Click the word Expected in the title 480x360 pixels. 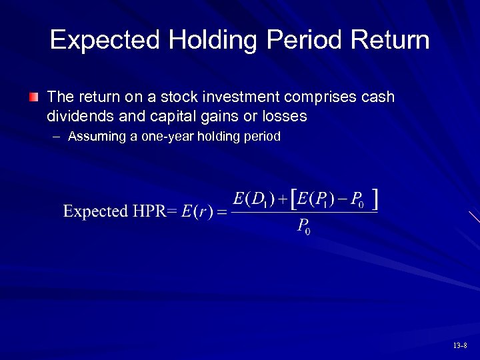[x=105, y=41]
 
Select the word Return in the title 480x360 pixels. [x=391, y=41]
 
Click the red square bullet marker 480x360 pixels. [x=34, y=98]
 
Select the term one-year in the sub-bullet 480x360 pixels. [x=158, y=137]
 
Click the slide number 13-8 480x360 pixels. [x=459, y=345]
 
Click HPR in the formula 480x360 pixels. [x=147, y=211]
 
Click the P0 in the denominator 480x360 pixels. [x=303, y=226]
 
